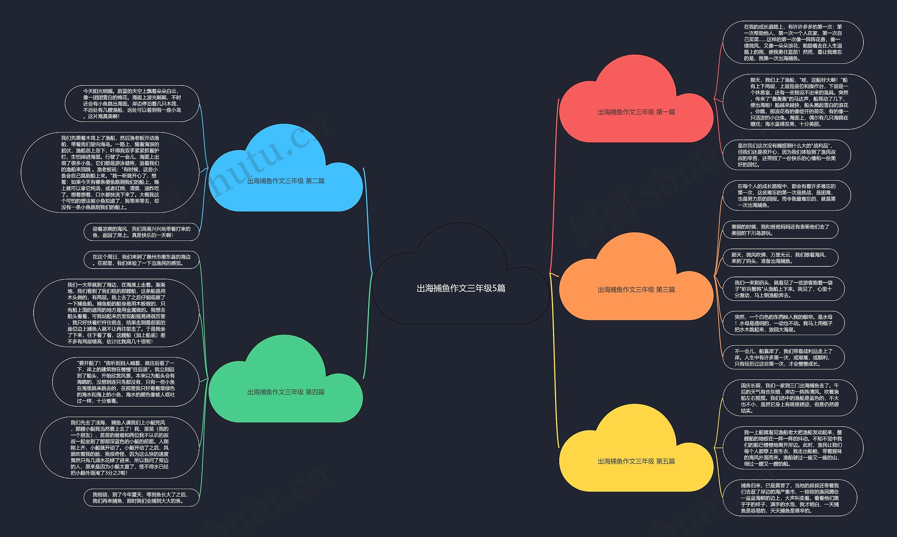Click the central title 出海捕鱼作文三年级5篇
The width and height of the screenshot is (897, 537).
tap(461, 288)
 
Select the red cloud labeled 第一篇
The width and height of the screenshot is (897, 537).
tap(636, 112)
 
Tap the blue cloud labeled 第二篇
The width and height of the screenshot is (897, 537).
tap(286, 181)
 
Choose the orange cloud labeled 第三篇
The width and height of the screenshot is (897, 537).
tap(636, 290)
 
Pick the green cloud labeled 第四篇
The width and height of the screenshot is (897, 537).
tap(286, 392)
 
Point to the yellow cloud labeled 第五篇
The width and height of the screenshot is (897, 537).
tap(636, 461)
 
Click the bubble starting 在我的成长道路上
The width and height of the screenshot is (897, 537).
tap(793, 42)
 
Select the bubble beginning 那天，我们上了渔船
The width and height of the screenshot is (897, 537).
tap(799, 102)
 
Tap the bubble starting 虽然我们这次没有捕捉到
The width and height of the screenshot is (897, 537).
tap(786, 155)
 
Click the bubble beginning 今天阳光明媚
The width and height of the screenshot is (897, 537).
tap(132, 104)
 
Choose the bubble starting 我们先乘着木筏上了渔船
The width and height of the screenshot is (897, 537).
tap(110, 172)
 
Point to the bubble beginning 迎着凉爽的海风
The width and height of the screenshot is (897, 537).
tap(141, 232)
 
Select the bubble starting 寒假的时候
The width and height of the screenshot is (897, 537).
tap(780, 230)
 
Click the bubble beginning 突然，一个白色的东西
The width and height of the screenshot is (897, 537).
tap(783, 323)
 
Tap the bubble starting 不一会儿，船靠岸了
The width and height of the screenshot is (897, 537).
tap(783, 358)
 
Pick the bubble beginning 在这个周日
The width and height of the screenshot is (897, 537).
tap(141, 260)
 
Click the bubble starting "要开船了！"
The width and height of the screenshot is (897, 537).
tap(125, 382)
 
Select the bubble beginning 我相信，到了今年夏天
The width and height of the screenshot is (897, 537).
tap(141, 497)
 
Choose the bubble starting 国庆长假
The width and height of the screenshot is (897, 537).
tap(789, 398)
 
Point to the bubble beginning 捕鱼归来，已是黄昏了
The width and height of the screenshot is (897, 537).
tap(789, 498)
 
